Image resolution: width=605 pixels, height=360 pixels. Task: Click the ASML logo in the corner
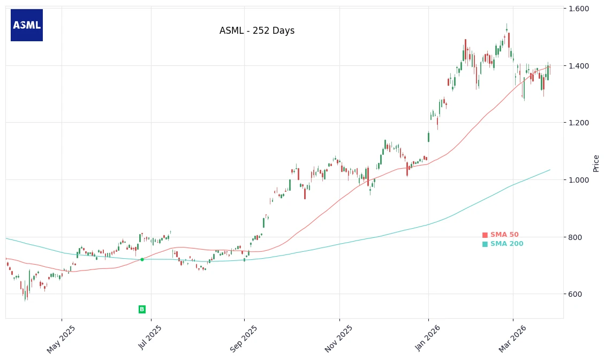coord(27,25)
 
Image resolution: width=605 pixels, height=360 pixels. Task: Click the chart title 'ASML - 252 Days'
coord(257,31)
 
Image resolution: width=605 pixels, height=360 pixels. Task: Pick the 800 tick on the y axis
coord(576,237)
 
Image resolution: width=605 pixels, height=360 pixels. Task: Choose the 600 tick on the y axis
coord(576,294)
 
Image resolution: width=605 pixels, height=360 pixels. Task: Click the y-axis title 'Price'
coord(596,163)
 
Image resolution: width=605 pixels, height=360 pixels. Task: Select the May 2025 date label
coord(61,339)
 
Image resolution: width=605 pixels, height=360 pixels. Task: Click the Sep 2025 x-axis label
coord(243,339)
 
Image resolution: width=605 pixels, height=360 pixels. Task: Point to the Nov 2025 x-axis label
coord(339,339)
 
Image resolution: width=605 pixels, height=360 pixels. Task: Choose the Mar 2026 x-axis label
coord(512,339)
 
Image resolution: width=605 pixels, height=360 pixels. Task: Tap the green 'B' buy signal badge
coord(142,309)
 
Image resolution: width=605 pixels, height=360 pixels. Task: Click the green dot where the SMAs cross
coord(142,259)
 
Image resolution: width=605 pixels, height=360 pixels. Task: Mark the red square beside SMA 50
coord(485,235)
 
